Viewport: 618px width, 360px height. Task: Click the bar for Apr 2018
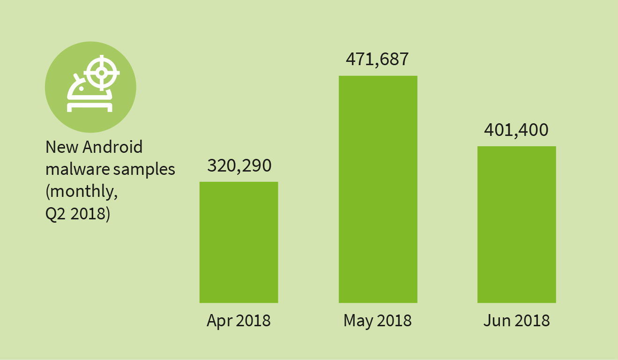[x=238, y=242]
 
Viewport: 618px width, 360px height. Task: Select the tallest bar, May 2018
[x=378, y=189]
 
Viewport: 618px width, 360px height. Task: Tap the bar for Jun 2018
[x=516, y=224]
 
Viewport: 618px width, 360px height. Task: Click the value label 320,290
[x=239, y=165]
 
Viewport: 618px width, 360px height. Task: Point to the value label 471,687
[x=378, y=60]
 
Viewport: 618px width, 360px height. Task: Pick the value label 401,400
[x=516, y=130]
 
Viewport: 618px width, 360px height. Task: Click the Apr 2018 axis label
[x=238, y=321]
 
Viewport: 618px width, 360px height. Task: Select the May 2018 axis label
[x=378, y=321]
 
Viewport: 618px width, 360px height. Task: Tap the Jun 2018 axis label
[x=516, y=321]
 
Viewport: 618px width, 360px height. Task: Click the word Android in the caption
[x=112, y=147]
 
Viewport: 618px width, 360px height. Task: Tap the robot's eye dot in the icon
[x=81, y=88]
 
